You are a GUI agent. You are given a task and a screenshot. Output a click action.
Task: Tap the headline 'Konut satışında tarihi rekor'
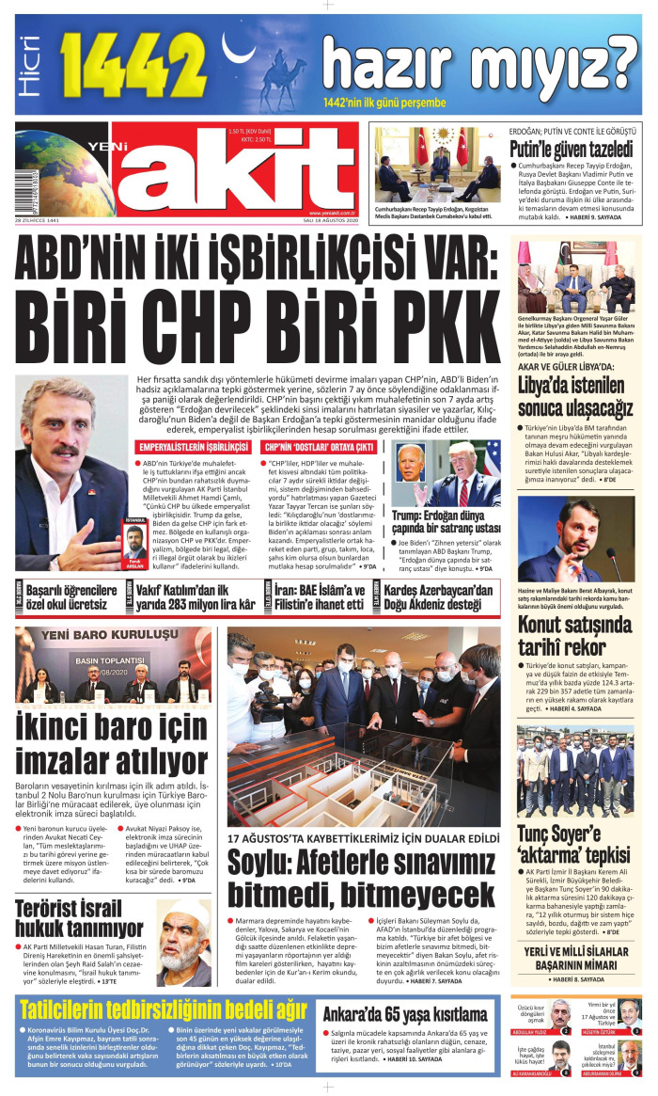click(x=573, y=637)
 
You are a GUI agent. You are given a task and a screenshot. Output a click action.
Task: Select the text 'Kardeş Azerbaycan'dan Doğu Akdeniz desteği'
click(x=438, y=596)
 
